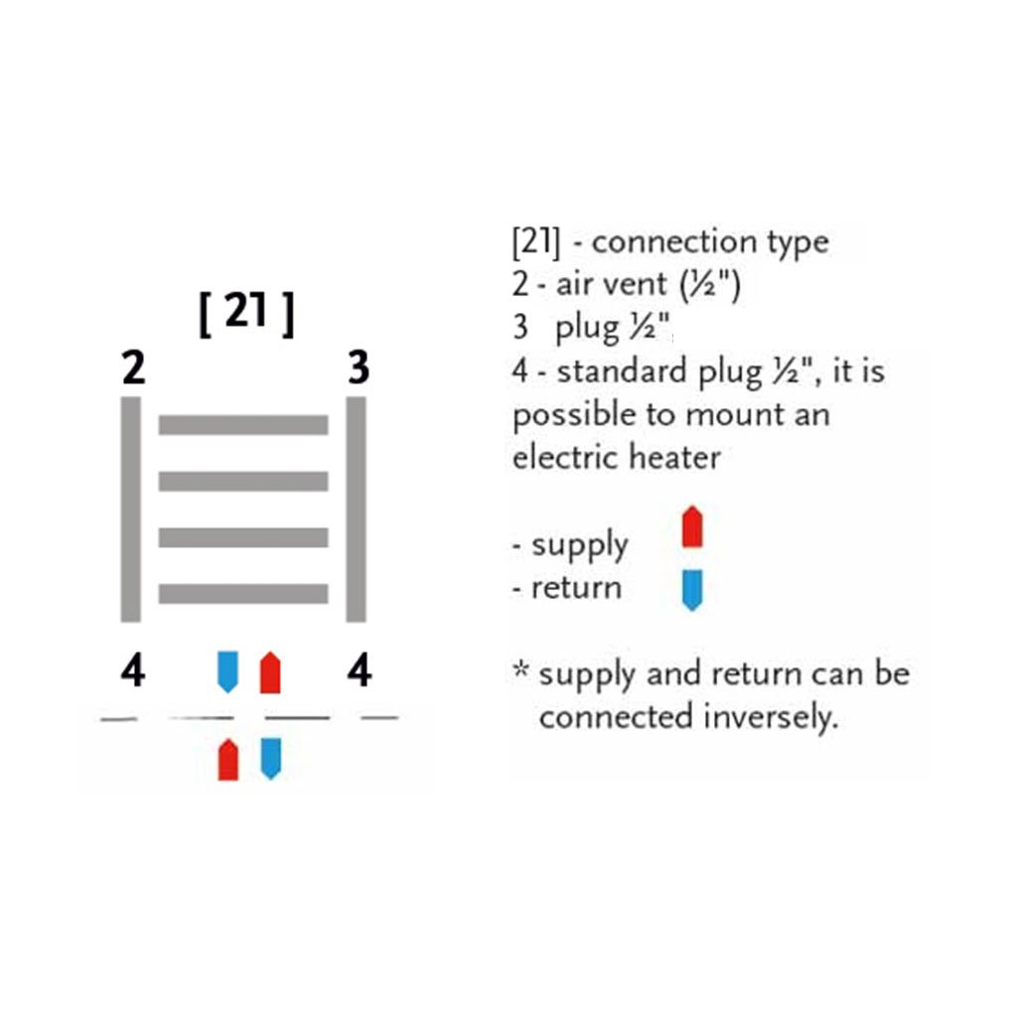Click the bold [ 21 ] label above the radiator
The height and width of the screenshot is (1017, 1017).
[246, 315]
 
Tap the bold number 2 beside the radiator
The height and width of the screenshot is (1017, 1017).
[133, 369]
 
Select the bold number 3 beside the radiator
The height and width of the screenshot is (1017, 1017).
[359, 368]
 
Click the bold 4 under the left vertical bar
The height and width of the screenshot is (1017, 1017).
[132, 672]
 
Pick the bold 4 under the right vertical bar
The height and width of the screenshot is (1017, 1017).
[359, 672]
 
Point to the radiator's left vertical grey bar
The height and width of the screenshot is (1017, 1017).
[130, 508]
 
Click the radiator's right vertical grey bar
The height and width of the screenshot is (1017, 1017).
[356, 508]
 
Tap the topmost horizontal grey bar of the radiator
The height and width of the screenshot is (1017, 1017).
[243, 425]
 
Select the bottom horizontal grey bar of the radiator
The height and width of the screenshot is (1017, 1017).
[243, 594]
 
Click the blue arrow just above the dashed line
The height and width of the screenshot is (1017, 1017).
[228, 671]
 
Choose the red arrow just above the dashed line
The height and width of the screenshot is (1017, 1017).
[269, 672]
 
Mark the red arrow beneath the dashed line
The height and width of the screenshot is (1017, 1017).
[228, 760]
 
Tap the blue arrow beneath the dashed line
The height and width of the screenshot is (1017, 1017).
[270, 758]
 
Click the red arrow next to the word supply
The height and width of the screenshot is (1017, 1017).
[692, 527]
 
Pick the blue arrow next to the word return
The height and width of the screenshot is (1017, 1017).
[692, 589]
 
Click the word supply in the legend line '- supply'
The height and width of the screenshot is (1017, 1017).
[579, 545]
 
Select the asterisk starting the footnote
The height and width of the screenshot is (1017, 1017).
[519, 669]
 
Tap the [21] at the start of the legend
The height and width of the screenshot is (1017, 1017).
[534, 242]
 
